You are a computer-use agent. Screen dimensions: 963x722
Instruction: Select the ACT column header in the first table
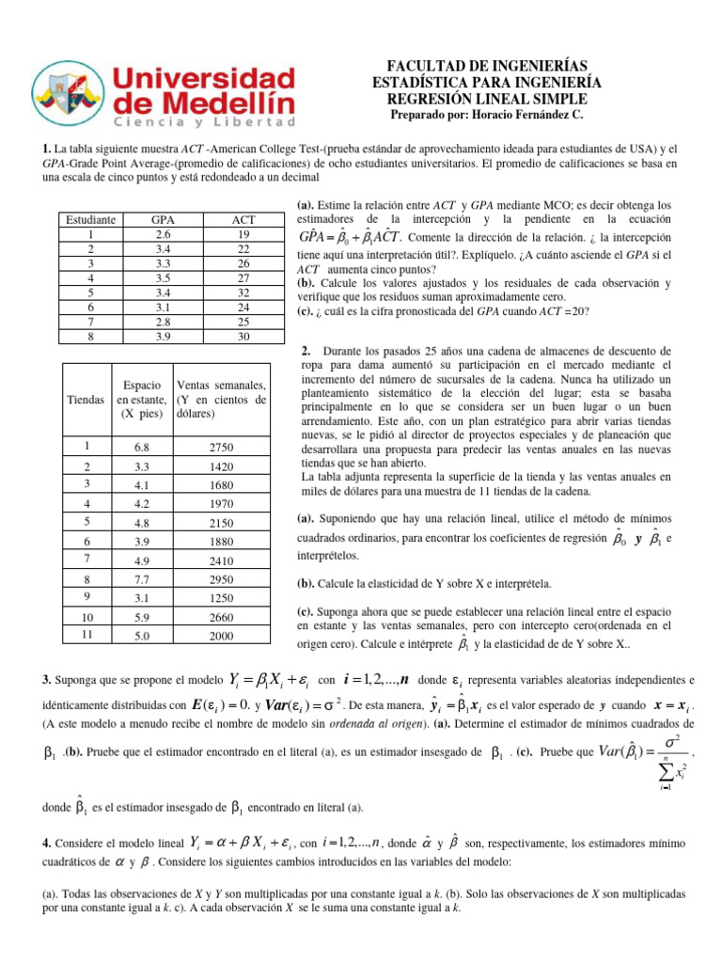point(243,219)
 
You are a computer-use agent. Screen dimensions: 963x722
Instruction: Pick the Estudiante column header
point(91,219)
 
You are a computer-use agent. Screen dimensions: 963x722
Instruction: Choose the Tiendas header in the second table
point(86,400)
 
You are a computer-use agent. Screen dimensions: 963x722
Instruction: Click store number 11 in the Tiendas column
point(86,635)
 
